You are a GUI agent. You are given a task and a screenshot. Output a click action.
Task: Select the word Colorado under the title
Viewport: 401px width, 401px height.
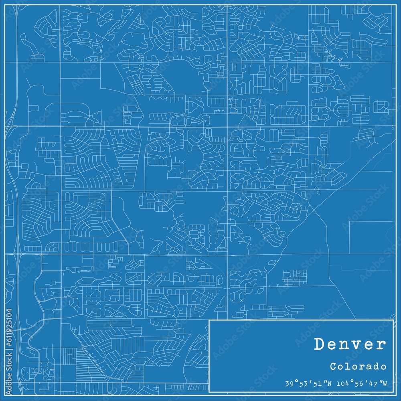tap(359, 367)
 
